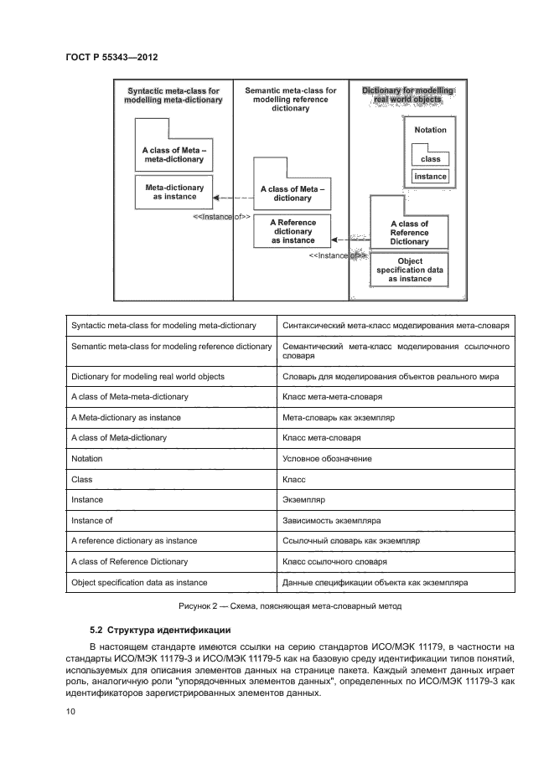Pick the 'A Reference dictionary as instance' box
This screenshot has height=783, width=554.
(293, 231)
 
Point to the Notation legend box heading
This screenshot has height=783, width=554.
(430, 130)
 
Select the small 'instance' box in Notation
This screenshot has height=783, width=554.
(430, 177)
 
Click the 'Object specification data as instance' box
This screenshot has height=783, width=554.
(410, 270)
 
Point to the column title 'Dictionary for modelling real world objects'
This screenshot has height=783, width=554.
(407, 95)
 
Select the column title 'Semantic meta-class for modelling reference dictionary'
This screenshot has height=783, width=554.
(290, 99)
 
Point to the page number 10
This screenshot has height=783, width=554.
(70, 712)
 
